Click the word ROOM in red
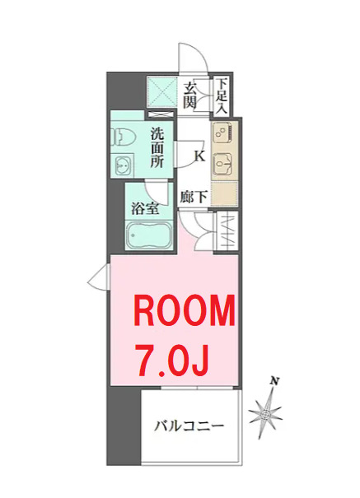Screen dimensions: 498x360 185,313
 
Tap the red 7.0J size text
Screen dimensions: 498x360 172,359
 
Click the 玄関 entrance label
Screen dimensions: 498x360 190,95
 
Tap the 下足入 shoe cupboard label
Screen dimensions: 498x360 222,95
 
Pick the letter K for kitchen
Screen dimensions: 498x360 199,154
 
